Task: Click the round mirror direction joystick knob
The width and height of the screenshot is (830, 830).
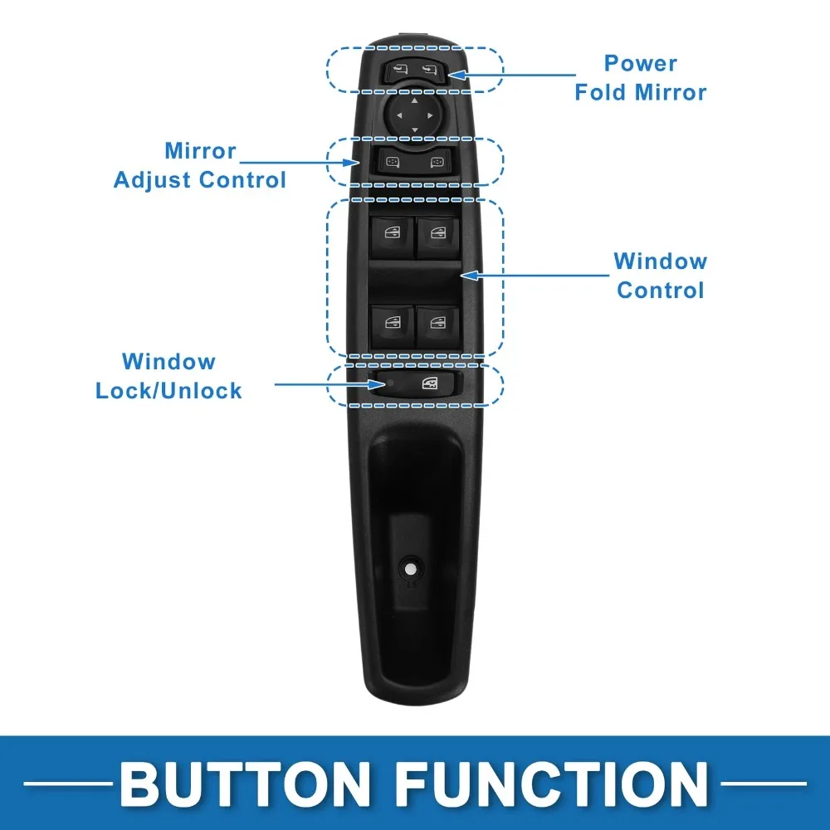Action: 414,115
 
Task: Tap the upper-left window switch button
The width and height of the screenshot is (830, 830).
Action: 393,236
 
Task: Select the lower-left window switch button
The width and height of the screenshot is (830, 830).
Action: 393,326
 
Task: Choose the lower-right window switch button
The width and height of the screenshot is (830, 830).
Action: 438,326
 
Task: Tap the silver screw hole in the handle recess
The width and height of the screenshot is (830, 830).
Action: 410,569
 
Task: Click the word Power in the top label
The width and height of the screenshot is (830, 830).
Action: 641,64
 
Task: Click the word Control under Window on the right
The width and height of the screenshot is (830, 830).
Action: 661,290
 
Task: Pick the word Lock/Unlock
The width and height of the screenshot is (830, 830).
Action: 168,391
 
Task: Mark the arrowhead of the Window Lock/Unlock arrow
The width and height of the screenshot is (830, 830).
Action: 378,384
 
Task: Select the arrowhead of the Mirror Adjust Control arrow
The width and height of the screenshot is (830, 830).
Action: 351,163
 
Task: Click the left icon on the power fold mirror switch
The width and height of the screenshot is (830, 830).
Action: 400,70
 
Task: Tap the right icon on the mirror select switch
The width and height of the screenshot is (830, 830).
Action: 437,162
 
